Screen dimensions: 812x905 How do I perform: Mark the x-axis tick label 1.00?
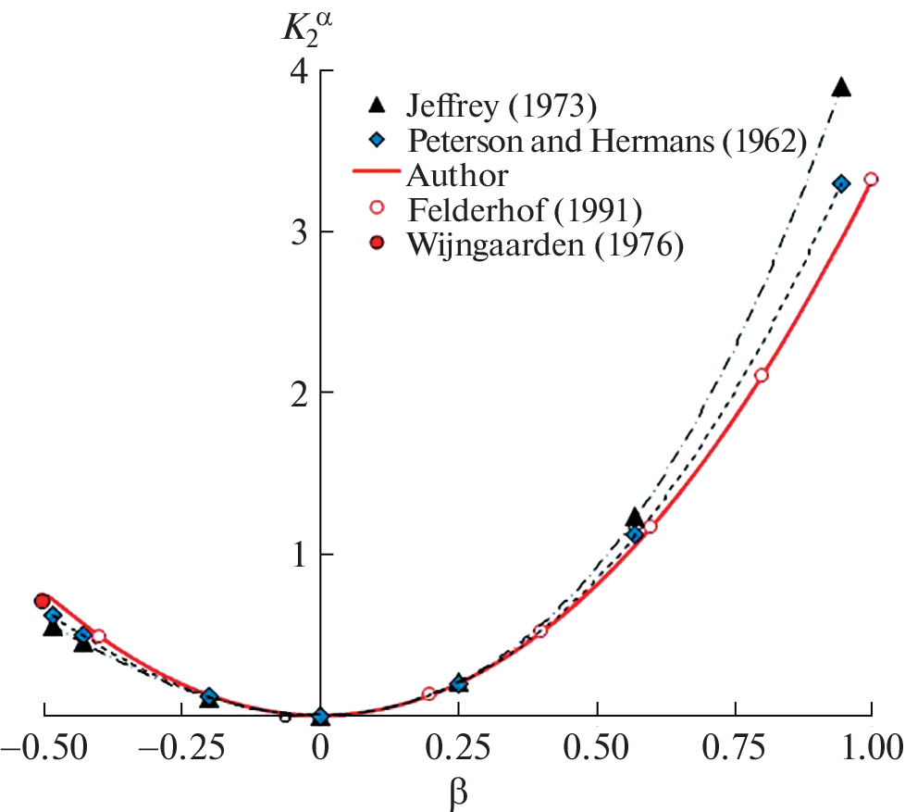[870, 746]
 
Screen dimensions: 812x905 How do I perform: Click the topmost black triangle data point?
[841, 87]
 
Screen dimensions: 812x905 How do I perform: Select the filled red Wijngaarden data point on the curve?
[42, 601]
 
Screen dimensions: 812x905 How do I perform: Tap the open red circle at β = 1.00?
[871, 180]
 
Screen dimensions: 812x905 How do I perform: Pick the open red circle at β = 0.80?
[762, 375]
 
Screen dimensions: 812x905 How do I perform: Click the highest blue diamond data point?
[841, 183]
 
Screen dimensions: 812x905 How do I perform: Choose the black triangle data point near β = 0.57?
[634, 518]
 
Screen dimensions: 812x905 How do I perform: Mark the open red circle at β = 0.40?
[541, 631]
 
